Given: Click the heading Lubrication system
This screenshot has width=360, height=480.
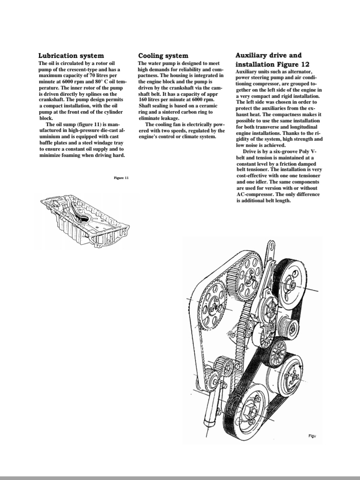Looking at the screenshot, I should pos(71,55).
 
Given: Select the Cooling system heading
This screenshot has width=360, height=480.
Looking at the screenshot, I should pos(163,55).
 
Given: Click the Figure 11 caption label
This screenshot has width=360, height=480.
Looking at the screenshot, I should pos(121,178).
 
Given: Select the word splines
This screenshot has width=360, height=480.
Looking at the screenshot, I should pos(91,94).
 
